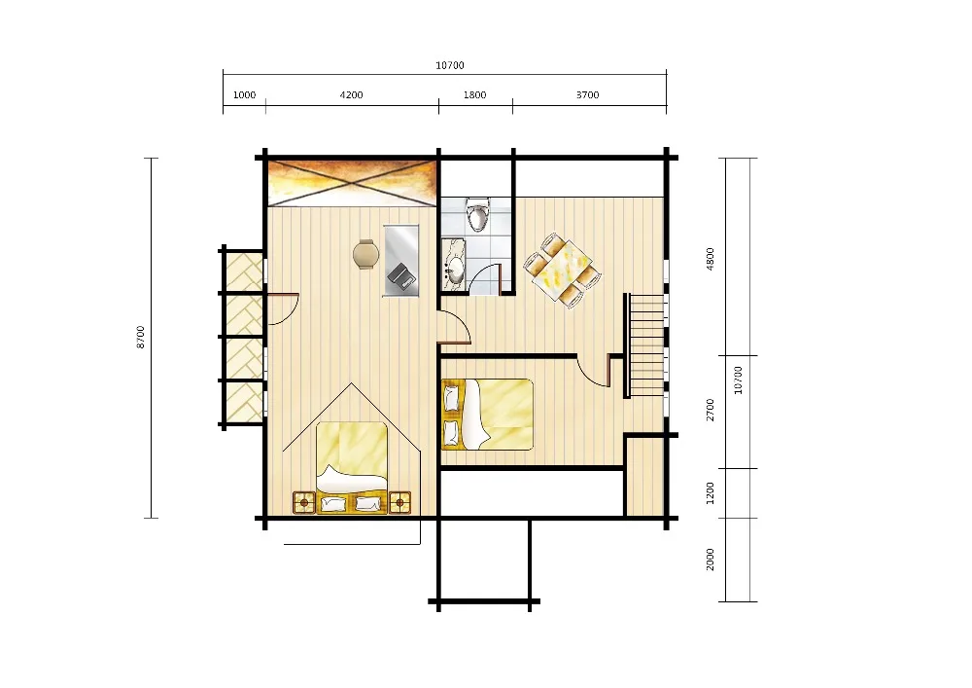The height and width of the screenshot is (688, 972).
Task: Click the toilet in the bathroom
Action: [x=477, y=215]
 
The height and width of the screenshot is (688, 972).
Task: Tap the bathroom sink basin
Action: [x=456, y=269]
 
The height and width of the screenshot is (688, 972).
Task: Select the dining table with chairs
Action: [x=563, y=270]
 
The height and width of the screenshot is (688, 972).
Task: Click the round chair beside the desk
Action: [x=365, y=254]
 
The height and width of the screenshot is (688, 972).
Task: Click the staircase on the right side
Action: [x=646, y=345]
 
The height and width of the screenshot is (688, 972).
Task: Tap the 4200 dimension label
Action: [x=352, y=95]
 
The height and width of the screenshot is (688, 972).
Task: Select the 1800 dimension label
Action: [x=475, y=95]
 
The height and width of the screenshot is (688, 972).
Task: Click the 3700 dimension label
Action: [x=588, y=95]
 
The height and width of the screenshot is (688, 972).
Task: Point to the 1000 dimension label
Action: [x=244, y=95]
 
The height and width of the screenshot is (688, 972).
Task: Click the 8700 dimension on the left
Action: [x=141, y=337]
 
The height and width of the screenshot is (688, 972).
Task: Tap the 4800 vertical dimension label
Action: [x=711, y=259]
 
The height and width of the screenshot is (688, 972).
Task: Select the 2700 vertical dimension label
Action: [x=711, y=410]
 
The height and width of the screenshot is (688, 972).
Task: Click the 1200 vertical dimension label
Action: [x=711, y=492]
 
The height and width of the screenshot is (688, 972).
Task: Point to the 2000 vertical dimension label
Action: [x=711, y=560]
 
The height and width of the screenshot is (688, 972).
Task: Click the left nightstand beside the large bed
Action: [x=303, y=502]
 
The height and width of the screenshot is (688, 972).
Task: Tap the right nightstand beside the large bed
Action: [x=399, y=502]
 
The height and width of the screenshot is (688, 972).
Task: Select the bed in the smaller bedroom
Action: [x=487, y=414]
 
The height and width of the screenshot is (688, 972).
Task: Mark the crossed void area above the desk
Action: [x=352, y=183]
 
